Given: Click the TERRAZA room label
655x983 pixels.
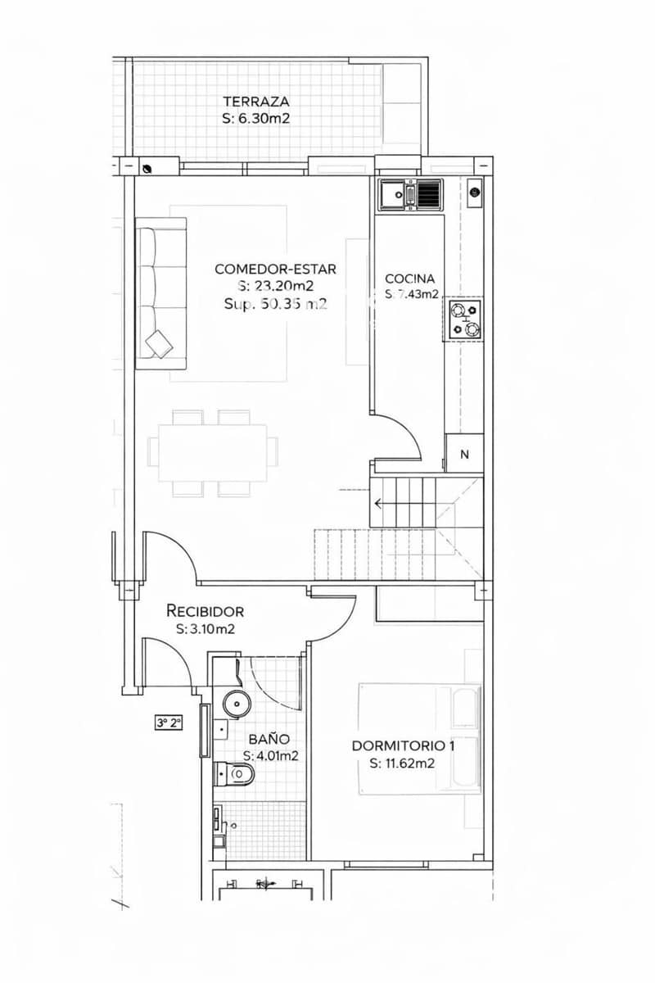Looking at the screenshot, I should click(x=255, y=102).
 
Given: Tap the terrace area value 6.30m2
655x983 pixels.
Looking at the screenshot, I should click(x=255, y=119).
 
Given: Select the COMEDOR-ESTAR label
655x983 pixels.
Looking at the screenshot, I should click(x=275, y=269).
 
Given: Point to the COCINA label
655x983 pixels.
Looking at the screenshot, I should click(x=409, y=279).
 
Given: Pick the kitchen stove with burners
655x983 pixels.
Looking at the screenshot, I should click(x=464, y=319).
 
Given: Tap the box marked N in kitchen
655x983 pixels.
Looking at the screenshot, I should click(x=464, y=455).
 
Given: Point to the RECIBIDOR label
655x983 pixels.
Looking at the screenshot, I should click(x=205, y=611).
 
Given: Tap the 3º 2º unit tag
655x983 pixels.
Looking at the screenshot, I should click(x=169, y=723).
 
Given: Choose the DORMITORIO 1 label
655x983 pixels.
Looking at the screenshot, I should click(x=403, y=746).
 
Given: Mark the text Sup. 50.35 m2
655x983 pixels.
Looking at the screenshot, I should click(x=275, y=303).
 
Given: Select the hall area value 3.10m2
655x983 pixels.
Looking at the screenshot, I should click(x=206, y=629).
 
